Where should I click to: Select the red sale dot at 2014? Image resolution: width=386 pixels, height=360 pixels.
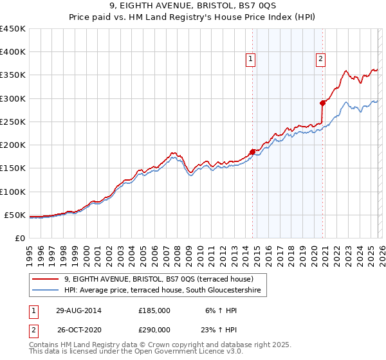tap(252, 152)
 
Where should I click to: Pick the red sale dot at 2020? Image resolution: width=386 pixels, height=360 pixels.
tap(323, 103)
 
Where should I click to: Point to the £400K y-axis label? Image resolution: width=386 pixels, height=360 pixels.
tap(12, 52)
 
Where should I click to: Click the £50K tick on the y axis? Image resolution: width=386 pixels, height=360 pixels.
tap(15, 215)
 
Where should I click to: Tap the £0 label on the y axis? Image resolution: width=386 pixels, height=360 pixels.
tap(20, 238)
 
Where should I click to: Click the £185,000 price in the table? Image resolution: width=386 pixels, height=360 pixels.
tap(154, 310)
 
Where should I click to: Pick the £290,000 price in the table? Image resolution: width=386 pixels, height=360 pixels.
tap(154, 329)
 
